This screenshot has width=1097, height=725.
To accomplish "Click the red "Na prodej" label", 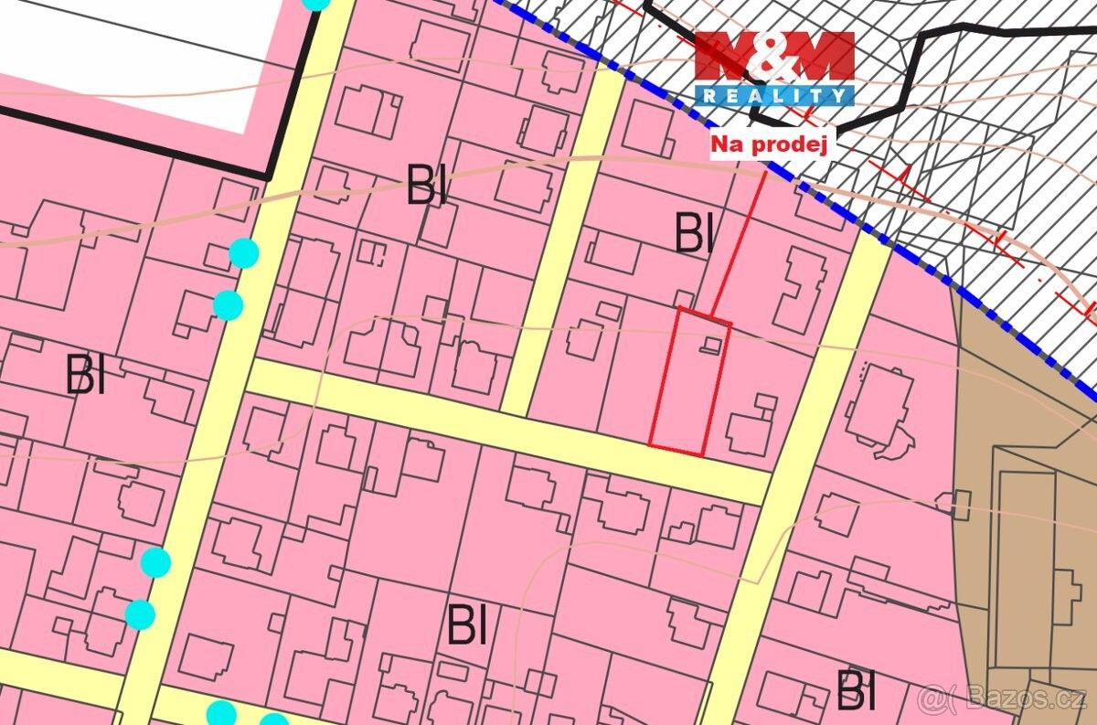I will click(769, 144).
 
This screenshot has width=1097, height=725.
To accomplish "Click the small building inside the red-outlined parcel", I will click(711, 345).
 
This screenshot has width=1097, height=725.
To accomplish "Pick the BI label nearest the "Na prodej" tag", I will click(694, 234).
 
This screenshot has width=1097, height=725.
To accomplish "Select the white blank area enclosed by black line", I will click(137, 64).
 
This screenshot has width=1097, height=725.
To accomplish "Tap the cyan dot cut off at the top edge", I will click(315, 3).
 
